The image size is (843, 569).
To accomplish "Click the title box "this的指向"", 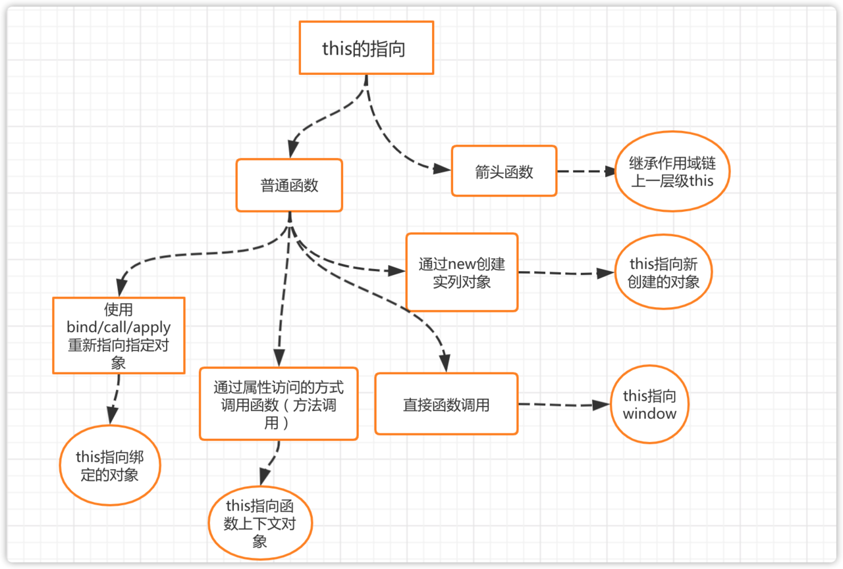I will point(366,47).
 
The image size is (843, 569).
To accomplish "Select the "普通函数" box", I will point(289,185).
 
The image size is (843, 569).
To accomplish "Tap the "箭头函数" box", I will point(504,171).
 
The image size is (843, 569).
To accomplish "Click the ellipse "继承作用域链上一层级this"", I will point(672,172).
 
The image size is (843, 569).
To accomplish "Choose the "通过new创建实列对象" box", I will point(462,272).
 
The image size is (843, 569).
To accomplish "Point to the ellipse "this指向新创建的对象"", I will point(663,272).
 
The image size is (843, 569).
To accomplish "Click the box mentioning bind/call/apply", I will point(119,335).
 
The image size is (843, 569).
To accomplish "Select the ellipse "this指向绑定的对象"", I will point(110,466).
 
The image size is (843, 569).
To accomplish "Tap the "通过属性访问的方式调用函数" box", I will point(279,404).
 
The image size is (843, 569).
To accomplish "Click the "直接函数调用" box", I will point(446,404).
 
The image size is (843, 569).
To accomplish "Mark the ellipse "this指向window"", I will point(649,405).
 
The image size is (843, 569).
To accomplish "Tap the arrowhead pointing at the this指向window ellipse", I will point(602,405).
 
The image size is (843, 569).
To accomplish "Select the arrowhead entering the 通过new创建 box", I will point(397,270).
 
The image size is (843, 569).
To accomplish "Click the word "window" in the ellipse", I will point(649,414).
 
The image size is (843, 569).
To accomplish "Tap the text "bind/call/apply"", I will point(119,327).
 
